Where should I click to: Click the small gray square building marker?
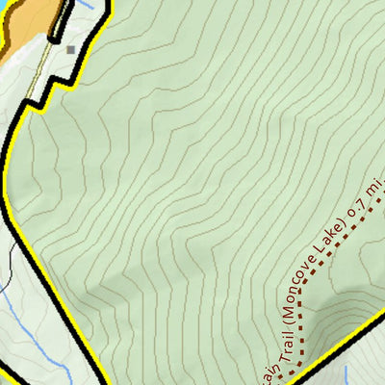point(71,49)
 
